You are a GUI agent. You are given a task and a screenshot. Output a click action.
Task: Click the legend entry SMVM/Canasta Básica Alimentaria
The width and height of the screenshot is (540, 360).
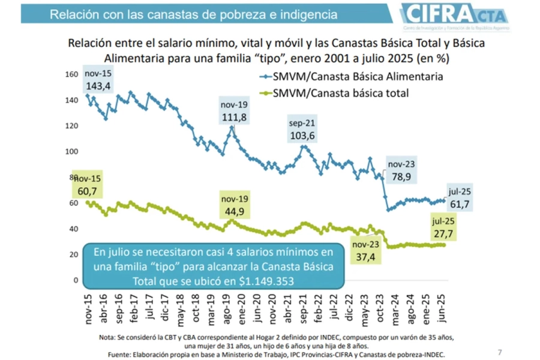tap(358, 76)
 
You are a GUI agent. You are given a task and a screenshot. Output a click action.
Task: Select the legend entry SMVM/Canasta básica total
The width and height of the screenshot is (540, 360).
tap(340, 92)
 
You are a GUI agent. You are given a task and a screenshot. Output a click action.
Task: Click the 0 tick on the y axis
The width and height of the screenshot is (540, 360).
tap(76, 280)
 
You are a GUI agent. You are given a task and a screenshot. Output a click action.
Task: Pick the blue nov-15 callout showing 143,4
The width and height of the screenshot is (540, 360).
tap(98, 80)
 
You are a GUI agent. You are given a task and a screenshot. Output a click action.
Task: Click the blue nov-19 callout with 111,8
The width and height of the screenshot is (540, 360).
tap(234, 110)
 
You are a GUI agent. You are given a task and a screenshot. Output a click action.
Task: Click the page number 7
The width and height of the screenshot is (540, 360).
tap(500, 351)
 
